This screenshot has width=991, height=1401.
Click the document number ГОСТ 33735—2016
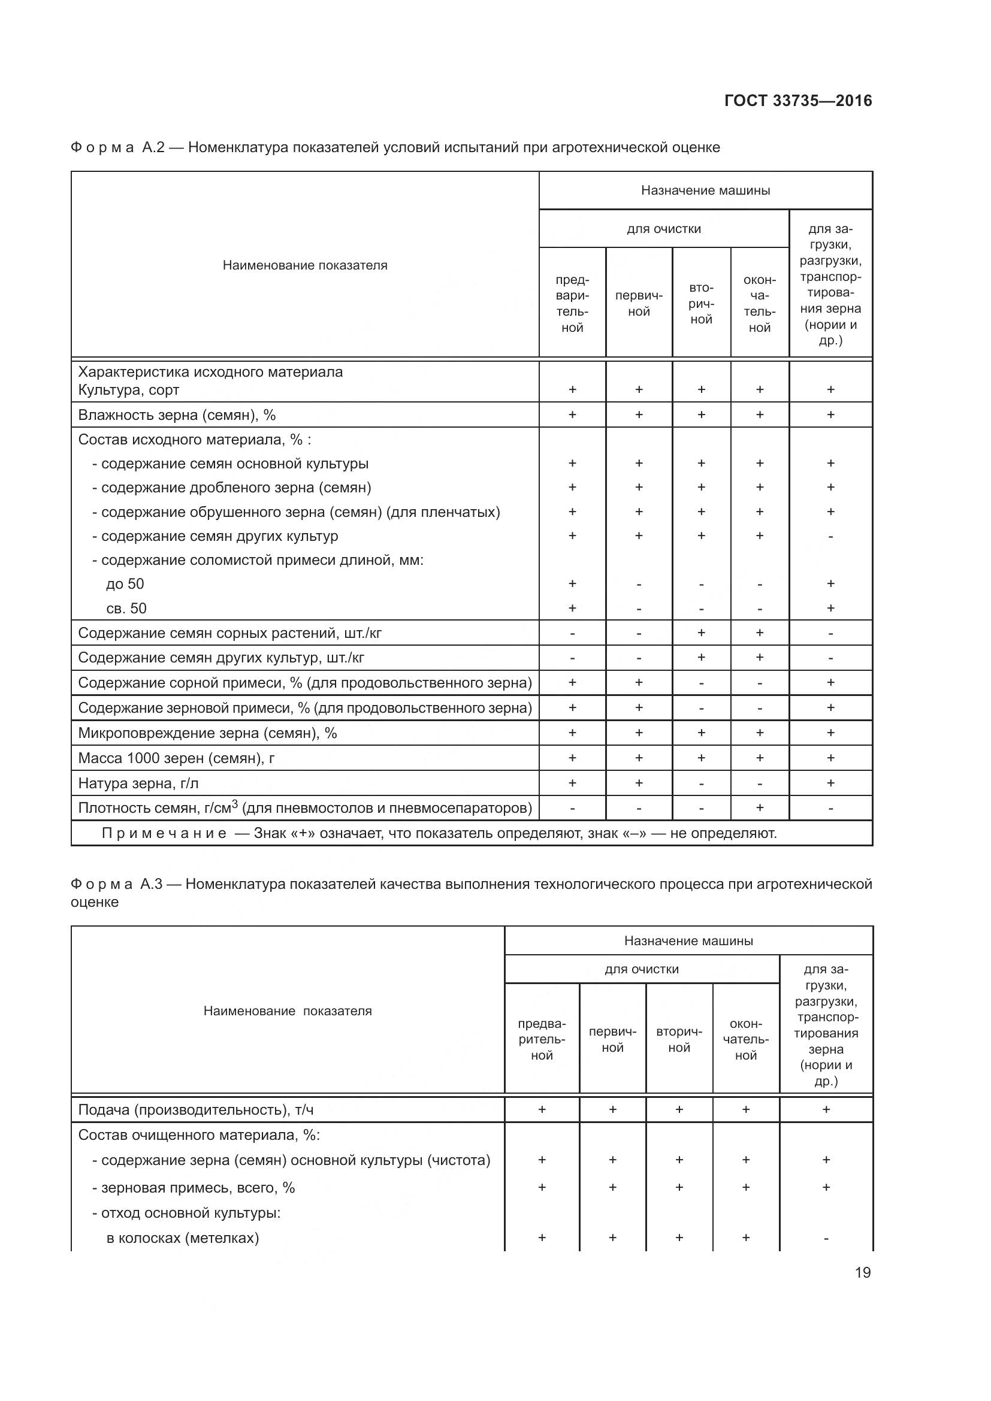[797, 101]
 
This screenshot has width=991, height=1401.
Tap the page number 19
[862, 1272]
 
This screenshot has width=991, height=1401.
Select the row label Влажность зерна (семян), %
[177, 415]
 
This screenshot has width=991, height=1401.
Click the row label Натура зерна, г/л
[138, 783]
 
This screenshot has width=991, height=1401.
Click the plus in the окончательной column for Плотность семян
[759, 808]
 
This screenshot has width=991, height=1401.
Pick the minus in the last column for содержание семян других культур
[830, 536]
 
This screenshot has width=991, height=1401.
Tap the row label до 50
[125, 584]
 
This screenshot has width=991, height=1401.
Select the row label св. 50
[126, 609]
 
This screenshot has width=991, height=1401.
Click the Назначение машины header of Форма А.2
[705, 190]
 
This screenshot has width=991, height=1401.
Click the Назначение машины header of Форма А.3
[688, 940]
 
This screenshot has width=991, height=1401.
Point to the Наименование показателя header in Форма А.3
[288, 1010]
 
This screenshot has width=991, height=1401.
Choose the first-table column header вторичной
[701, 303]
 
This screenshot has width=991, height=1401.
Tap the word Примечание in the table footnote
[164, 833]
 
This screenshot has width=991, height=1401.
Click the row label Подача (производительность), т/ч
[196, 1109]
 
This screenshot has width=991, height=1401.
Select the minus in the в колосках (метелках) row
[826, 1238]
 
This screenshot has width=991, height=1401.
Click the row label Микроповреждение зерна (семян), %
[207, 733]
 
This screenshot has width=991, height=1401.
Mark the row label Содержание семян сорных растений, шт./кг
[230, 633]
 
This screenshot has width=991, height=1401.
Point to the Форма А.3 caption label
[116, 884]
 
